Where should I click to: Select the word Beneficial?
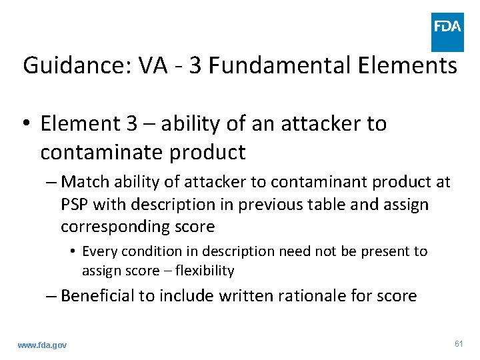[x=97, y=295]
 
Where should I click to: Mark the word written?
[x=243, y=295]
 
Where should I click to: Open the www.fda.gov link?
[x=43, y=344]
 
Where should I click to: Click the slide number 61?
[x=458, y=343]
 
